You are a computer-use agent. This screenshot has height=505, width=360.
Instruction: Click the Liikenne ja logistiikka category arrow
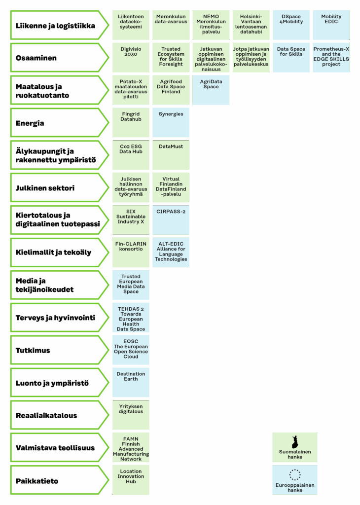(x=60, y=26)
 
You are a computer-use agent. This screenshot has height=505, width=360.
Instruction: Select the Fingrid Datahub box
(x=131, y=122)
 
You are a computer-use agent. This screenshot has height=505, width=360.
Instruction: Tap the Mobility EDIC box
(x=331, y=25)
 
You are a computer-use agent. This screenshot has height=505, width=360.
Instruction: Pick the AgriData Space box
(x=211, y=90)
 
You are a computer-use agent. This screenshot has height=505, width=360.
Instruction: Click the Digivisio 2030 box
(x=131, y=57)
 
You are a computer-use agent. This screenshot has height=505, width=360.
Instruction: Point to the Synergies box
(x=171, y=122)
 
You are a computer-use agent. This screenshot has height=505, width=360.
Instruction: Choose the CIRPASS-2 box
(x=171, y=220)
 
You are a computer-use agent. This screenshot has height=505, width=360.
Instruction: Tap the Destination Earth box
(x=131, y=382)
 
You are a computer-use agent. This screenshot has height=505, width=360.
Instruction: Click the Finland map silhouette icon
(x=294, y=442)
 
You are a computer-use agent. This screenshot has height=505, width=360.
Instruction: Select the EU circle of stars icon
(x=294, y=475)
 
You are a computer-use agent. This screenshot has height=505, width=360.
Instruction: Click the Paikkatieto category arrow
(x=60, y=480)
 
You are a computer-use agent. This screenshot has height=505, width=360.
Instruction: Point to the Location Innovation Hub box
(x=131, y=480)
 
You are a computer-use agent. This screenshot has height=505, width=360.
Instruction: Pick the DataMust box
(x=171, y=155)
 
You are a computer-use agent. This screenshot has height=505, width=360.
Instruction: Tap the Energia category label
(x=30, y=123)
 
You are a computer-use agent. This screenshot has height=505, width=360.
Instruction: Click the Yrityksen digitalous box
(x=131, y=415)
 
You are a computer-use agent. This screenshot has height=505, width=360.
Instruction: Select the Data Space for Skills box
(x=291, y=57)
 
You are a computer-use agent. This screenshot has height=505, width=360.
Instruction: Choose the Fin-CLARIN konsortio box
(x=131, y=252)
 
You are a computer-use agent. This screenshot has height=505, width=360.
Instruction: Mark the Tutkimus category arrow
(x=60, y=350)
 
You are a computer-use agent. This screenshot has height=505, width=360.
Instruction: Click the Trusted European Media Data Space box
(x=131, y=285)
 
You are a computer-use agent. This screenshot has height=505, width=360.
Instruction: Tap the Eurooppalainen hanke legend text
(x=295, y=488)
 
